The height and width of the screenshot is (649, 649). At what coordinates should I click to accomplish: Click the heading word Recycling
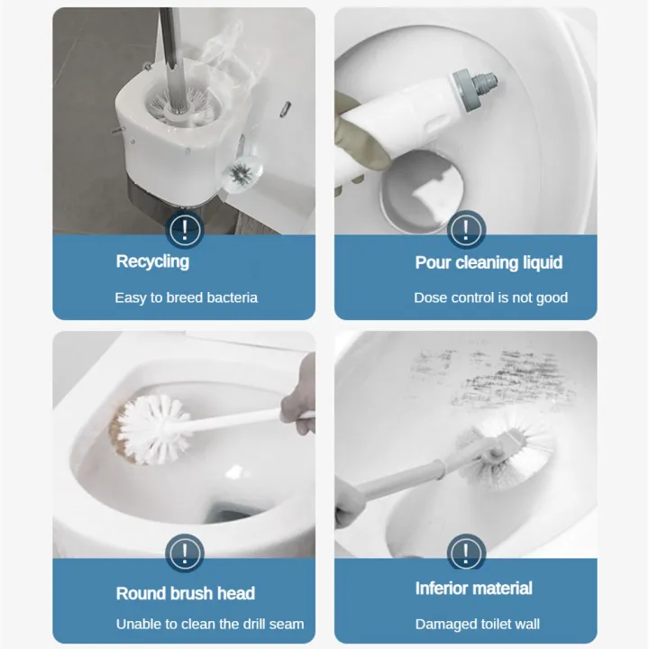coord(152,261)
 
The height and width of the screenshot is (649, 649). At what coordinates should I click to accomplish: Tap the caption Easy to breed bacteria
coord(186,297)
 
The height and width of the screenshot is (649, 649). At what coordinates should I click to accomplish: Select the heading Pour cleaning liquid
coord(489,262)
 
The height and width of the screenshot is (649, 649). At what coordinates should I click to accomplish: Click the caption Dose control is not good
coord(490,297)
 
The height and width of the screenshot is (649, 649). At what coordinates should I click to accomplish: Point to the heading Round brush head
coord(185,593)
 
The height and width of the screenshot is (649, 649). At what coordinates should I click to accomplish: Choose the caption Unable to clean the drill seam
coord(209,624)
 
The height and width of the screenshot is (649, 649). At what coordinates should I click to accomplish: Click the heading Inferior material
coord(473,589)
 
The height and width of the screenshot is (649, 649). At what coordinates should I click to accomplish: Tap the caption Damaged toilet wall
coord(477,624)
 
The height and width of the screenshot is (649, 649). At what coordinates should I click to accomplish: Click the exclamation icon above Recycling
coord(185,228)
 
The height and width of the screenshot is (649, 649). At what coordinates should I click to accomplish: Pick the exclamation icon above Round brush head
coord(185,551)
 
